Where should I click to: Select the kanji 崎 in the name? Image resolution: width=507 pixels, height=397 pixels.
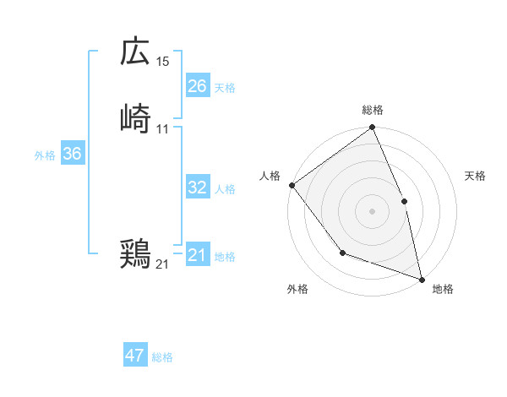[x=135, y=118]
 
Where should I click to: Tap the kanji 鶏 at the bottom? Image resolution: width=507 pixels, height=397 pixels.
[x=135, y=253]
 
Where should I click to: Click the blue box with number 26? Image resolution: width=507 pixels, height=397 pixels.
[x=197, y=86]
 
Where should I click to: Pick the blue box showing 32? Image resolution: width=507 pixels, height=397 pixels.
[x=197, y=188]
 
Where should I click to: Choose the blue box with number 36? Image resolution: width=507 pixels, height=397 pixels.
[x=72, y=154]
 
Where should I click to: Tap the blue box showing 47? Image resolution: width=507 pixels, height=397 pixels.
[x=135, y=356]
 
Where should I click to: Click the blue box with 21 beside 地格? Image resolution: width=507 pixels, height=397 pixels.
[x=197, y=255]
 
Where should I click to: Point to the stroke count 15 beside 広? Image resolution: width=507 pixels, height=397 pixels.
[x=163, y=62]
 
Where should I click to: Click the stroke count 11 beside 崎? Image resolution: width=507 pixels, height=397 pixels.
[x=163, y=129]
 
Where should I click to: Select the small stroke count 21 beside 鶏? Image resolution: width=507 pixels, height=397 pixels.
[x=162, y=264]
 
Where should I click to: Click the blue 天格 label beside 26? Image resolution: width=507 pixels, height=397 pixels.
[x=225, y=88]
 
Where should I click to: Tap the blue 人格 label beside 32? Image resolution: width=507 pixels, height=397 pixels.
[x=225, y=189]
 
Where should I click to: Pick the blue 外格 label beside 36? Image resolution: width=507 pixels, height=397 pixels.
[x=45, y=155]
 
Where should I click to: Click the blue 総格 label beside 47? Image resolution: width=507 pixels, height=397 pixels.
[x=162, y=357]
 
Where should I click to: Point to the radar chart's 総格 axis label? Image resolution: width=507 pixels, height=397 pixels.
[x=373, y=110]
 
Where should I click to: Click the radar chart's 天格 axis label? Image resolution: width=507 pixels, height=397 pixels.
[x=475, y=176]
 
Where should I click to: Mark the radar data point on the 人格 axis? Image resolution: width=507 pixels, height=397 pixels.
[x=292, y=185]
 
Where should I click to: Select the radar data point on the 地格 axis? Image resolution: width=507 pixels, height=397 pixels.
[x=421, y=278]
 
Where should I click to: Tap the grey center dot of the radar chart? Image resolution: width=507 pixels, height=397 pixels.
[x=372, y=211]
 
